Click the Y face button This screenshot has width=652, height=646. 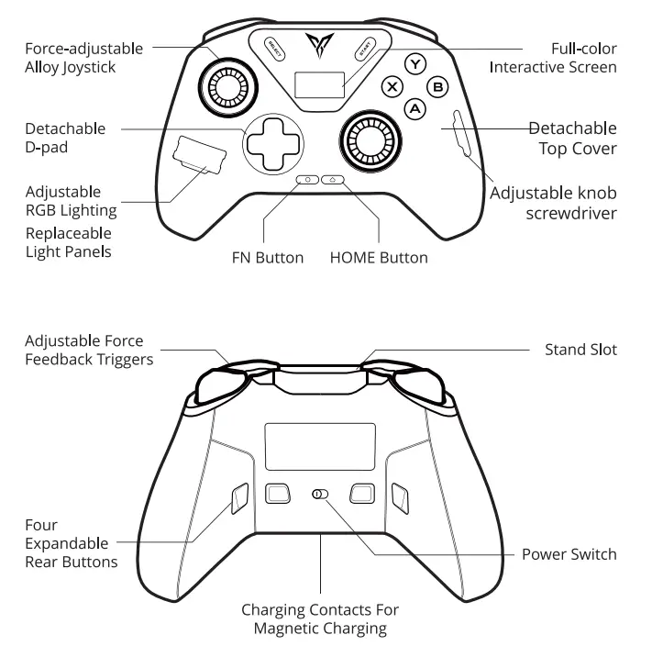(x=417, y=64)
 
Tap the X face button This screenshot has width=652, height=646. (x=393, y=87)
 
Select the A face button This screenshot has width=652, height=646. (x=416, y=108)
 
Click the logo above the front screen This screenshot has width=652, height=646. (x=320, y=43)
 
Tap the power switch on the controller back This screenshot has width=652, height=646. (x=319, y=494)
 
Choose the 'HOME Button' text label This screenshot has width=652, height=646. (x=378, y=258)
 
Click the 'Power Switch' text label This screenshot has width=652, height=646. (x=569, y=554)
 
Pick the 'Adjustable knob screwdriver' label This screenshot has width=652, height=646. (x=553, y=204)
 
